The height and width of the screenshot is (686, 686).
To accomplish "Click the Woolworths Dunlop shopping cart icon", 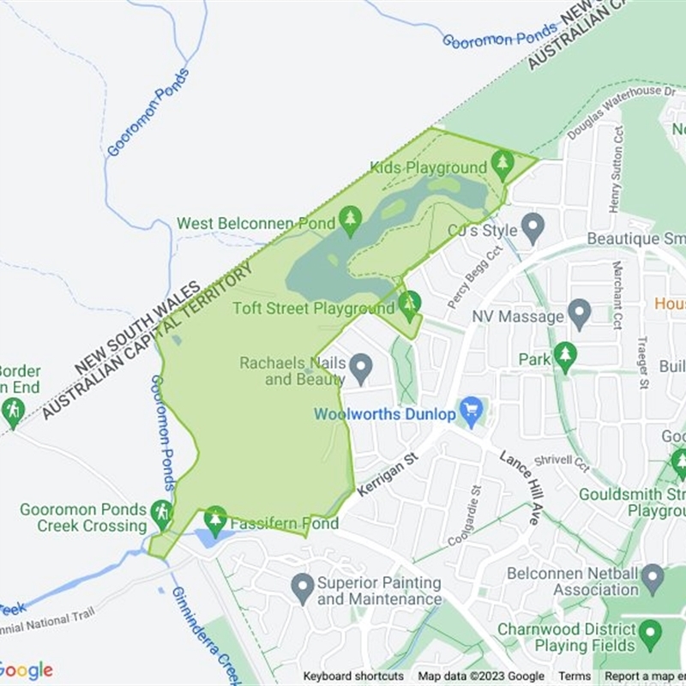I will pos(470,412).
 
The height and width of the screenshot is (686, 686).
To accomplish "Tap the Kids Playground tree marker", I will pos(502,163).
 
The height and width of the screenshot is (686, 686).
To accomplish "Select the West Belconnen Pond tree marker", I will pos(349,220).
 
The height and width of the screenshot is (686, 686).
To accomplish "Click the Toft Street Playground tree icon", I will pos(410,304).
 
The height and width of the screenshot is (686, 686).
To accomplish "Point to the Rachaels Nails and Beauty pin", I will pos(361,368).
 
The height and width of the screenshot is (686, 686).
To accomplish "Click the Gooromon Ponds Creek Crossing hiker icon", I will pos(161,514).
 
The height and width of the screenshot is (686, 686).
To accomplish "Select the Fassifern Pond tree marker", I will pos(215,520).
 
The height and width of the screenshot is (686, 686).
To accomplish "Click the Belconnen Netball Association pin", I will pos(653,579).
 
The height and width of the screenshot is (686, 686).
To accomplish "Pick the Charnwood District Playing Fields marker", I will pos(651,635).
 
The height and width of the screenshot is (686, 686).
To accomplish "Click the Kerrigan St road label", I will pos(387,473).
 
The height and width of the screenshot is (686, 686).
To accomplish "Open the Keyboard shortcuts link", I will pos(353,677).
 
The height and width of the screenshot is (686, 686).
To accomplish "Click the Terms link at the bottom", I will pos(575,677).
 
